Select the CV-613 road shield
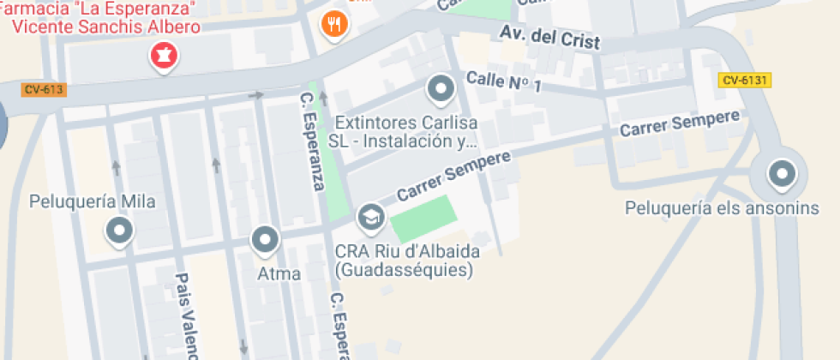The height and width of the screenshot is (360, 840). pos(43,89)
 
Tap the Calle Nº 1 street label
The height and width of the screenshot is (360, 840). pos(504,82)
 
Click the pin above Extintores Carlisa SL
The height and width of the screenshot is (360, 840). pos(441,87)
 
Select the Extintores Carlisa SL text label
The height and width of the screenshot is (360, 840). pos(405,131)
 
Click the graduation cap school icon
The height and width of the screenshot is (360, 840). pos(370,216)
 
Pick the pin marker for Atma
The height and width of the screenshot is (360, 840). pos(266,240)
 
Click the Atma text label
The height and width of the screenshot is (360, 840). pos(279,274)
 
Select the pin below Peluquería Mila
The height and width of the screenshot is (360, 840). pos(118,231)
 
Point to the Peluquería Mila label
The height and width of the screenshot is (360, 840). pos(92,202)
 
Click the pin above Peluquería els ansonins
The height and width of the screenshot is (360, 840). pos(781,175)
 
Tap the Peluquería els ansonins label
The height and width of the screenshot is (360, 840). pos(721,208)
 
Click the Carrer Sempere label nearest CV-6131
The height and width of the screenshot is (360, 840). pos(679,124)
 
